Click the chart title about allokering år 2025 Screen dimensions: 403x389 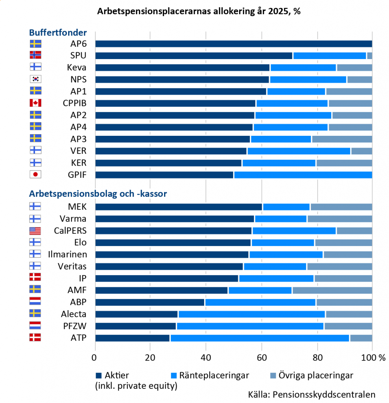click(199, 11)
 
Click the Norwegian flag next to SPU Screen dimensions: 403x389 click(35, 55)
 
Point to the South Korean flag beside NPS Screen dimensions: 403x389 click(35, 79)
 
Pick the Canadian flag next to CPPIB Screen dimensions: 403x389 click(35, 103)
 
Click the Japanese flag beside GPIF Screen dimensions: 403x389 click(35, 174)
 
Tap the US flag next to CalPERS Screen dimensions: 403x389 click(35, 231)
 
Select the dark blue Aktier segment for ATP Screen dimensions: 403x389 click(132, 338)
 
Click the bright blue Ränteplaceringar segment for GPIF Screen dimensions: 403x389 click(303, 175)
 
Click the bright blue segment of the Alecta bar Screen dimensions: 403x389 click(252, 314)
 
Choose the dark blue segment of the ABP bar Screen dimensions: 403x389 click(149, 302)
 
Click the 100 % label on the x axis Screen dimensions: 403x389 click(376, 358)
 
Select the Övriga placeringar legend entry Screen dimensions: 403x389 click(313, 375)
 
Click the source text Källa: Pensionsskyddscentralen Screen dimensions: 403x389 click(312, 394)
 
